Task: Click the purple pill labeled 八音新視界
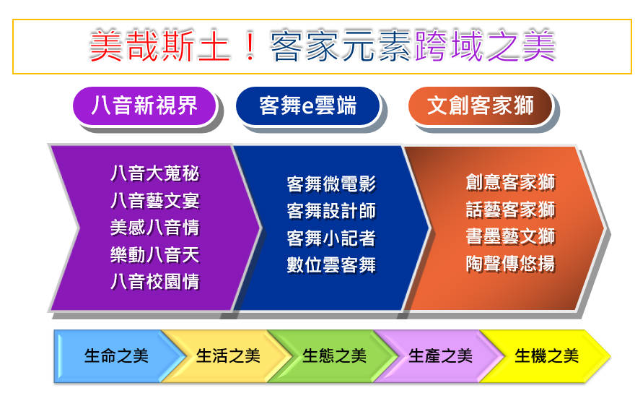point(144,106)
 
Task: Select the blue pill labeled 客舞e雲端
point(308,106)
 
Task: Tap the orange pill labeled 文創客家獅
point(481,106)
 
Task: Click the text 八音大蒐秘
point(155,173)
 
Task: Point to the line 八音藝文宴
point(155,201)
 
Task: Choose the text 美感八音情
point(155,228)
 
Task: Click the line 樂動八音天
point(155,254)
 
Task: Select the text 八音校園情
point(155,281)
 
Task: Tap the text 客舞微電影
point(331,184)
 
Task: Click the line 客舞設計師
point(331,211)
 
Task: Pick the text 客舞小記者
point(331,238)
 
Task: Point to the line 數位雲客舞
point(331,264)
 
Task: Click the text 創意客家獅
point(510,182)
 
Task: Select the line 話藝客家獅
point(510,210)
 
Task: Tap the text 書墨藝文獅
point(510,236)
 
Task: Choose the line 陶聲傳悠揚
point(510,264)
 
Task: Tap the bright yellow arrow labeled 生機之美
point(547,356)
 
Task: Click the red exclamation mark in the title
point(250,46)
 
